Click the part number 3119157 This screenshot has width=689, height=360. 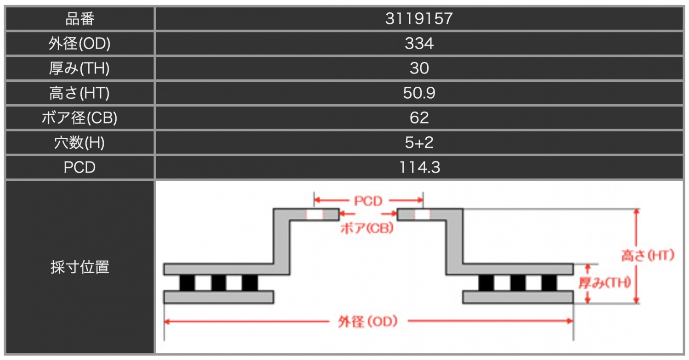419,19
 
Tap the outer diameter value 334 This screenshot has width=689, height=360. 419,44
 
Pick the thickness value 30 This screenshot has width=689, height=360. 419,68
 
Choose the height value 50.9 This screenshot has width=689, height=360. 419,93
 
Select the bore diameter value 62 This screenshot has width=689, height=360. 419,118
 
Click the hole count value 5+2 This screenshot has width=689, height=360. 419,143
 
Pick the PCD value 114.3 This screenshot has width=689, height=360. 419,168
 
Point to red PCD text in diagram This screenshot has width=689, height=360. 368,201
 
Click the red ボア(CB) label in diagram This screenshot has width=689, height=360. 366,228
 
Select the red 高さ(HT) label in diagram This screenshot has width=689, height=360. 647,255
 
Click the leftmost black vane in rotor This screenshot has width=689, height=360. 187,283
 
